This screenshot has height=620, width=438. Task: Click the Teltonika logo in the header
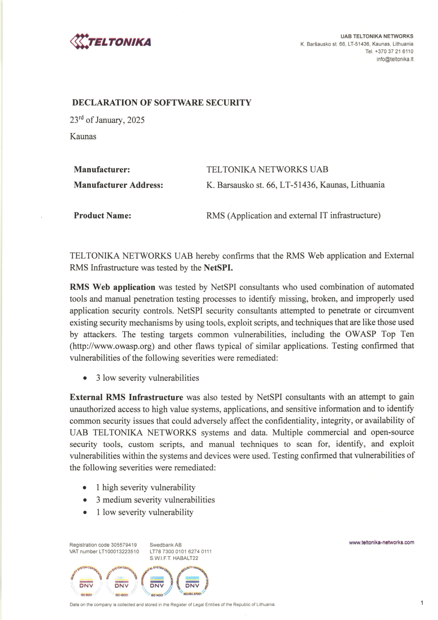[x=111, y=41]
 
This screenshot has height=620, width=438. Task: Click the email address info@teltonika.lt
[x=395, y=59]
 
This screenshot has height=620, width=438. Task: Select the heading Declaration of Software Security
[x=162, y=103]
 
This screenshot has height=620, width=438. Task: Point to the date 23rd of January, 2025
[x=107, y=120]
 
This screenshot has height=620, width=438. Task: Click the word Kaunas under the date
[x=83, y=136]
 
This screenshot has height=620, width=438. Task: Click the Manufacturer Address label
[x=118, y=185]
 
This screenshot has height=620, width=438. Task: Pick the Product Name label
[x=103, y=216]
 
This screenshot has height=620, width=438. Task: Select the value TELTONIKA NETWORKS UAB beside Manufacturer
[x=267, y=170]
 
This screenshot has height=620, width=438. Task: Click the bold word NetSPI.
[x=218, y=268]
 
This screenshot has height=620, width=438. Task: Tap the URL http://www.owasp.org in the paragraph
[x=113, y=346]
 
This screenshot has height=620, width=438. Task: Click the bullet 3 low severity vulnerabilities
[x=147, y=378]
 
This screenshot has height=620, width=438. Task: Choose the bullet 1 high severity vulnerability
[x=145, y=487]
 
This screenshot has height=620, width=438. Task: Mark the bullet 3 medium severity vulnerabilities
[x=155, y=500]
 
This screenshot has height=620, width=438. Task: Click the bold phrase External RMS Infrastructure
[x=126, y=397]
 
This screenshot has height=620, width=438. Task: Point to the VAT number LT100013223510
[x=119, y=551]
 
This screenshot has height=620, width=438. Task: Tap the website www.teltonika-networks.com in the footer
[x=381, y=542]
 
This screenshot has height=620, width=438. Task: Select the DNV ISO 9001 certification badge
[x=86, y=582]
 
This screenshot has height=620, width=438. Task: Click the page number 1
[x=422, y=603]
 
